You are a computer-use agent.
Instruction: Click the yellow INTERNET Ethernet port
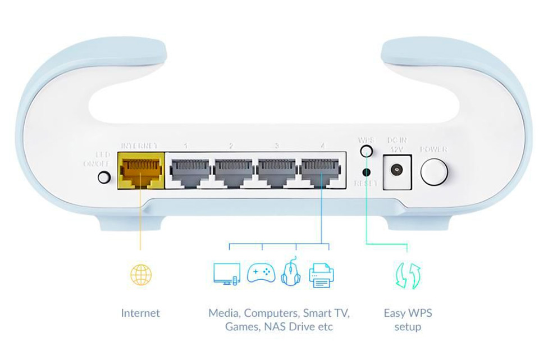click(x=140, y=170)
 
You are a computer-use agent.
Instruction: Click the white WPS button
click(x=367, y=151)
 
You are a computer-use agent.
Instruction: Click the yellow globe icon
click(x=140, y=275)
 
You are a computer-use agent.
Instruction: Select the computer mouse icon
click(x=290, y=273)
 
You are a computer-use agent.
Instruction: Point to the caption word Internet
click(x=140, y=313)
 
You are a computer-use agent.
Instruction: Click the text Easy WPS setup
click(x=408, y=320)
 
